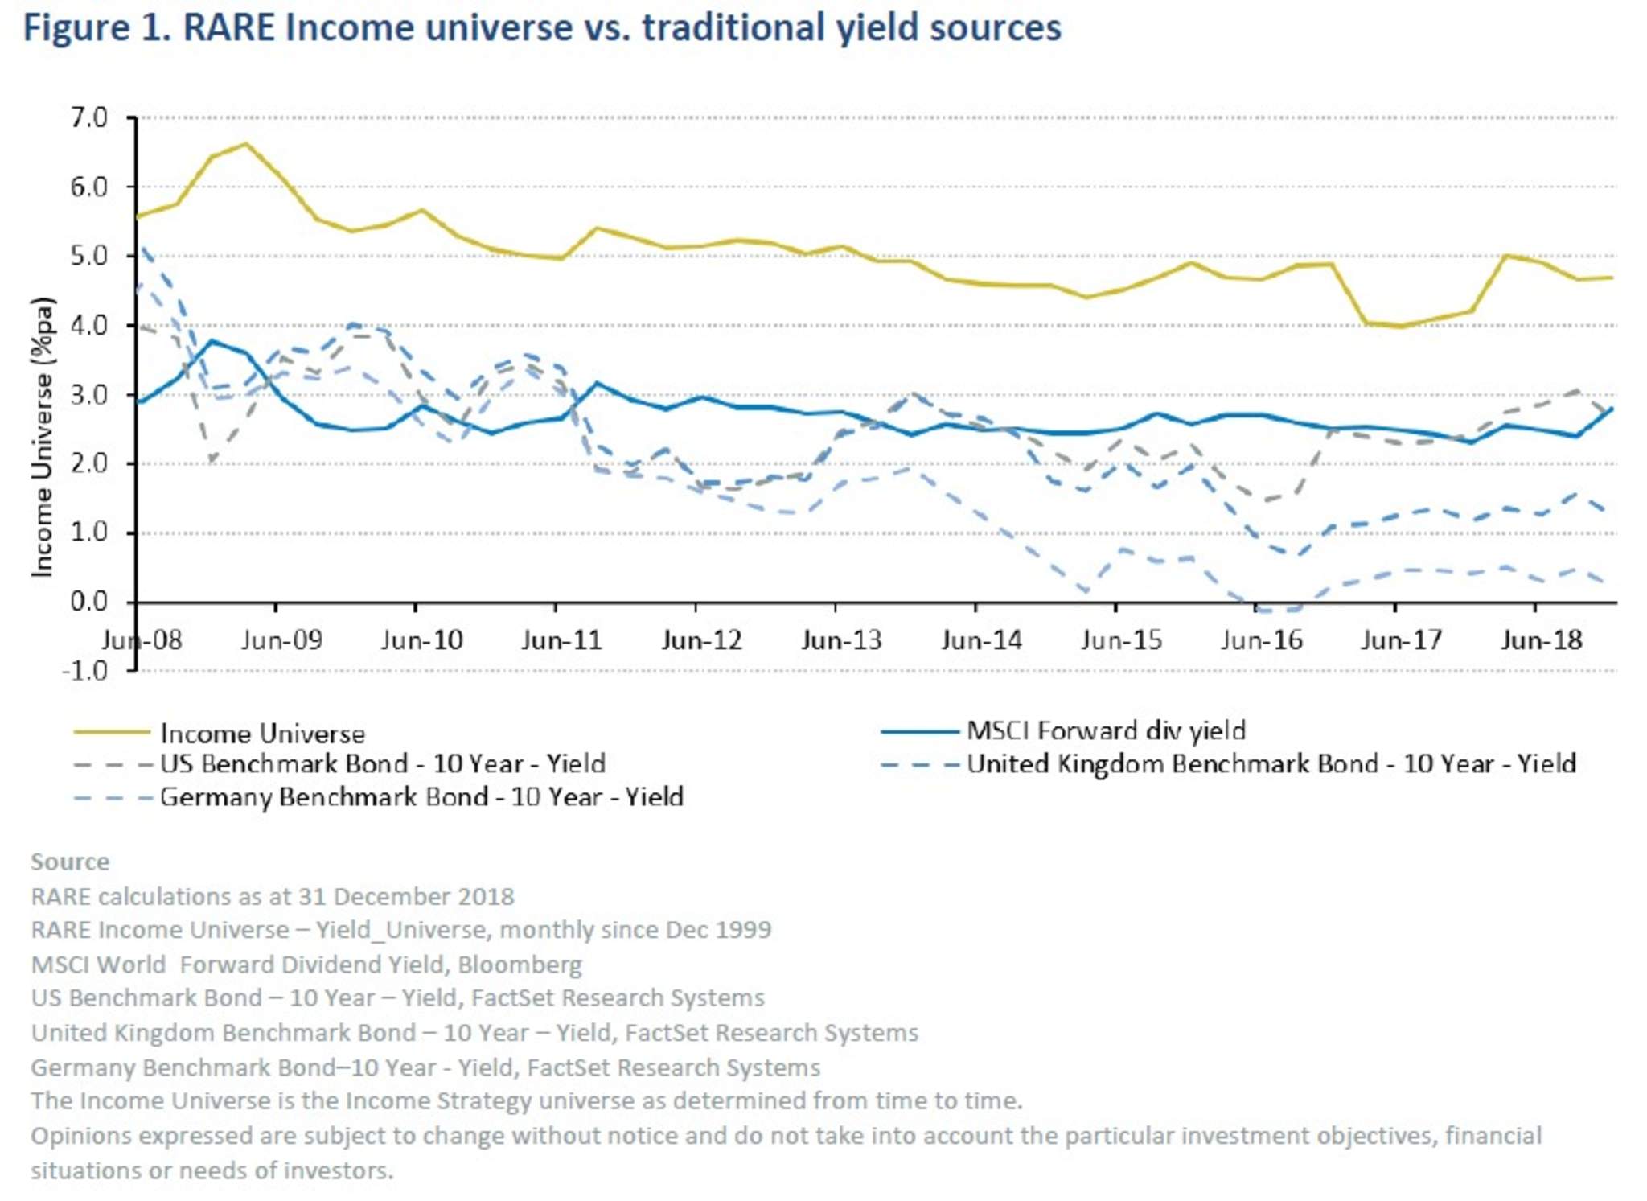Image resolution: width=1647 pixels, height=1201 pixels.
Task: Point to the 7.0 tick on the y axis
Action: [x=88, y=118]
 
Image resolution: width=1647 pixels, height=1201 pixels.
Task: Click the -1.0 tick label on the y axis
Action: [x=84, y=670]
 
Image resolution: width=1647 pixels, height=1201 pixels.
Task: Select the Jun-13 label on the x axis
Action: [x=841, y=640]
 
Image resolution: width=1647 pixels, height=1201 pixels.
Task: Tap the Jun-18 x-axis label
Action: [x=1541, y=640]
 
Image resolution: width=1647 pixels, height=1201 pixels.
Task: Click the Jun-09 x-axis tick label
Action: [x=281, y=640]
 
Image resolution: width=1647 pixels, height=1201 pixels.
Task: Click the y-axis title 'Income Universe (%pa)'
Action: [x=42, y=437]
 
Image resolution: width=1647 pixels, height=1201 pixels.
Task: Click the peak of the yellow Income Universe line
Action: [x=246, y=145]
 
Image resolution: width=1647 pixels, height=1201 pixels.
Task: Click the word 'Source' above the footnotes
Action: [x=70, y=862]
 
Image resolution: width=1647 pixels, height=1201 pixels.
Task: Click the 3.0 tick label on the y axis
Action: [x=88, y=395]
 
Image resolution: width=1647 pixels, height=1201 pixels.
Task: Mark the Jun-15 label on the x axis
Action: [x=1121, y=640]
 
